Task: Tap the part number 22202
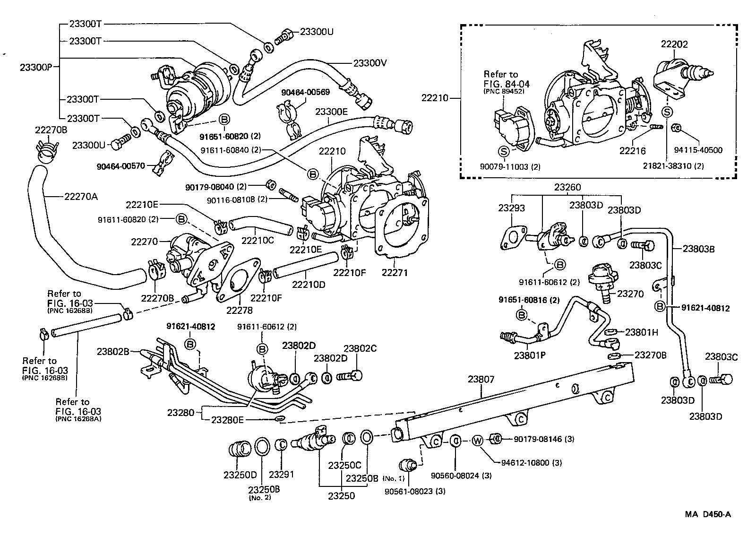pos(674,44)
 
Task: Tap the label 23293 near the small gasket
pos(511,208)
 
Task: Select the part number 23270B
pos(650,355)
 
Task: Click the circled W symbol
pos(477,441)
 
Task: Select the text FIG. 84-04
pos(507,84)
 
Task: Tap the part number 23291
pos(282,475)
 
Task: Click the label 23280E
pos(227,419)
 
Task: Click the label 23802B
pos(113,351)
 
